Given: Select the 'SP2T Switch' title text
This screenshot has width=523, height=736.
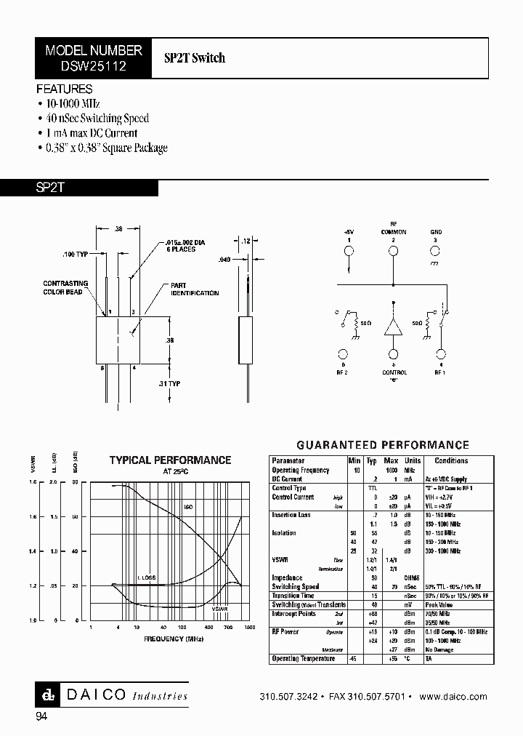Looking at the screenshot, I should [x=195, y=58].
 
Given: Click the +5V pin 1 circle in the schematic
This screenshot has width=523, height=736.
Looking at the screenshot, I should [x=348, y=252].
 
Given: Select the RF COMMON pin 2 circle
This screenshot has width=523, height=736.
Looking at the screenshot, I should [x=394, y=252].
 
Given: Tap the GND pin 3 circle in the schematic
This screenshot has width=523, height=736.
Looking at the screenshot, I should [x=437, y=252].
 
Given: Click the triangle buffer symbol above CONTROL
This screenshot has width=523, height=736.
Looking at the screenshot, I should [x=394, y=327].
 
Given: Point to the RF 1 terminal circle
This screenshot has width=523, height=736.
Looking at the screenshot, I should [x=439, y=355].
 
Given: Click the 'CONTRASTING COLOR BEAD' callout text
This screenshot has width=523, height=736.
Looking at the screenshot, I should [x=65, y=287].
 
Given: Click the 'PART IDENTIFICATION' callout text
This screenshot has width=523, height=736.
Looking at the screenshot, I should [x=194, y=289].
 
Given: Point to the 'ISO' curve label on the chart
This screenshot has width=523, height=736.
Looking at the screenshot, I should [x=187, y=506].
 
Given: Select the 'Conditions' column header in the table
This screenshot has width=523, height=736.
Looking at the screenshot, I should [x=450, y=461].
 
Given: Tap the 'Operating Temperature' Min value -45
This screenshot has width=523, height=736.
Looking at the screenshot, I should [x=354, y=658].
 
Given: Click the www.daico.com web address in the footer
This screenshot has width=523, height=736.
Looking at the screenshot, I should [x=458, y=696].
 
